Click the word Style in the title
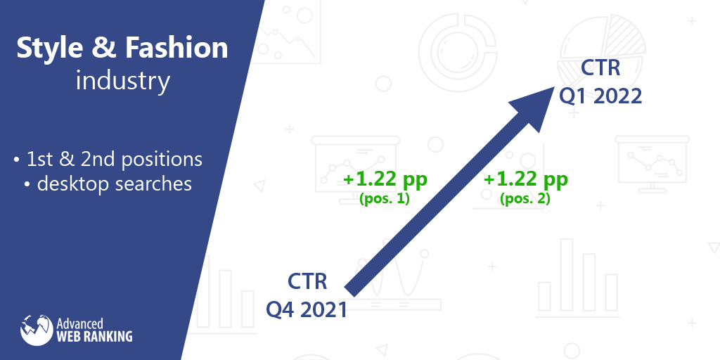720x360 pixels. [x=50, y=48]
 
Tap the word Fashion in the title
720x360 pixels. [x=176, y=48]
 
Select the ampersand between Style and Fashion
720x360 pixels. [x=104, y=49]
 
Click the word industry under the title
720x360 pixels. [x=122, y=82]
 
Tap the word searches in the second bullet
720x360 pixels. [x=154, y=184]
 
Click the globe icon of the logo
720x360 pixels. [x=37, y=330]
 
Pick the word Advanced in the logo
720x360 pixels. [x=80, y=323]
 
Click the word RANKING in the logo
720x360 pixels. [x=108, y=336]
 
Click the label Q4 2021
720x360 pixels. [x=307, y=310]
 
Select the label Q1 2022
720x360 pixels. [x=600, y=96]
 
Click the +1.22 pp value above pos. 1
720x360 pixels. [x=385, y=179]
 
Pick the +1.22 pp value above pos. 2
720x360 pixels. [x=526, y=179]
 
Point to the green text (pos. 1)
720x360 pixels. [x=385, y=199]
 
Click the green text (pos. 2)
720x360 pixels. [x=525, y=199]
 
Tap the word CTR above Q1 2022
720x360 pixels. [x=600, y=67]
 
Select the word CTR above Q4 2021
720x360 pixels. [x=307, y=281]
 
